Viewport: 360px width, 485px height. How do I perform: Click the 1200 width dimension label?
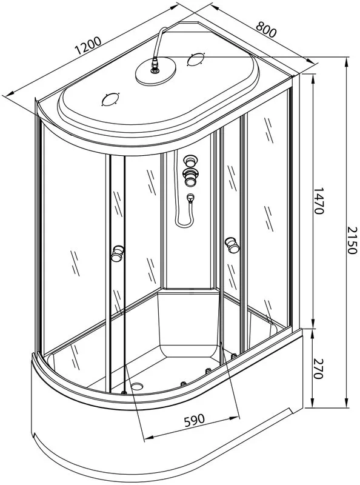(88, 46)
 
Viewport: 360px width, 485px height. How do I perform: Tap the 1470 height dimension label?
(318, 201)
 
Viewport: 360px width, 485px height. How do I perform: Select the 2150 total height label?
(352, 240)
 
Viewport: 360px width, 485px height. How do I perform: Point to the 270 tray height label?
(318, 369)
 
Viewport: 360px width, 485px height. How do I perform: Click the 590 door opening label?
(194, 420)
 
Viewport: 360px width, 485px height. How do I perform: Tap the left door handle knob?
(118, 253)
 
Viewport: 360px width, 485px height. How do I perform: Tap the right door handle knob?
(232, 245)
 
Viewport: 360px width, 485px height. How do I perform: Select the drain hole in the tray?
(138, 386)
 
